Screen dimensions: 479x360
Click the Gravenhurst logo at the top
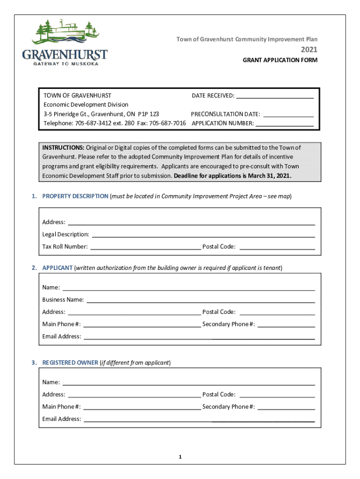click(x=65, y=42)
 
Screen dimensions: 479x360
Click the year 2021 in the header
click(x=309, y=50)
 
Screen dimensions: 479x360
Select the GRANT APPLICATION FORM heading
click(x=280, y=60)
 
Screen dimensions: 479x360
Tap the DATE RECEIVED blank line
click(x=274, y=97)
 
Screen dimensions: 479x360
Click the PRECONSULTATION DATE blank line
click(x=288, y=116)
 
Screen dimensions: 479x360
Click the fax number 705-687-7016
click(x=167, y=123)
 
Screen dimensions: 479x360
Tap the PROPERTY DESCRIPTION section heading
click(x=75, y=196)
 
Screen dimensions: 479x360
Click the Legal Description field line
click(x=203, y=236)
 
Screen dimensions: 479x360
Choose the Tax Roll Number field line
click(x=145, y=248)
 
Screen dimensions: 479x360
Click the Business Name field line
click(x=201, y=302)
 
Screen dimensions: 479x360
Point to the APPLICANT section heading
click(x=58, y=268)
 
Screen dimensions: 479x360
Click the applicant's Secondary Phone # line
click(x=286, y=326)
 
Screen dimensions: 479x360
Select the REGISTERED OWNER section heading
click(x=70, y=363)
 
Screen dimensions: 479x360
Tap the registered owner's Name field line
click(x=188, y=385)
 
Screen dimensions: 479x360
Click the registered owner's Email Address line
click(x=199, y=421)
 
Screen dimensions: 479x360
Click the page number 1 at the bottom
click(x=180, y=457)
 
